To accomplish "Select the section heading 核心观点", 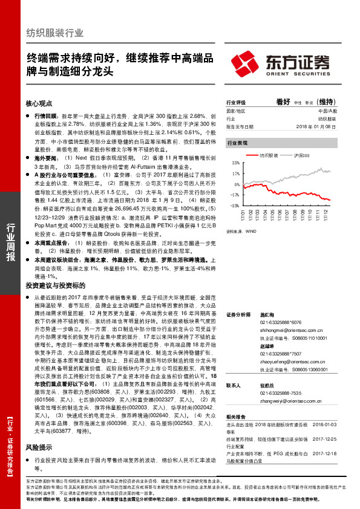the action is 39,103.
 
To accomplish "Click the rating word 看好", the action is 283,102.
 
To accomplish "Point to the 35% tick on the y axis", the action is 234,163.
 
